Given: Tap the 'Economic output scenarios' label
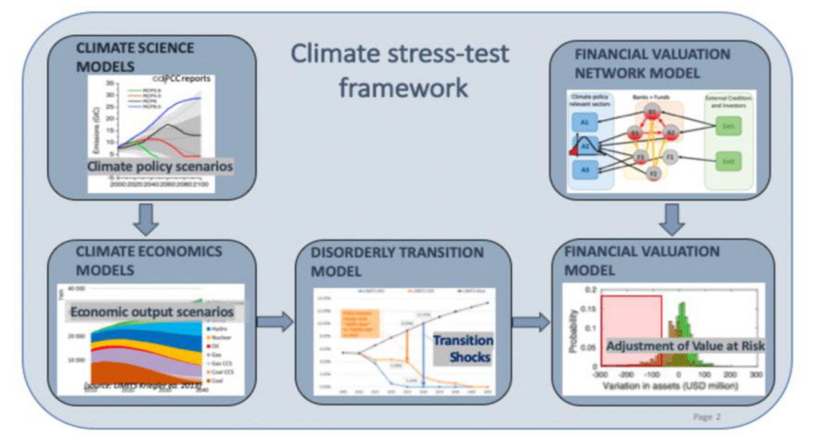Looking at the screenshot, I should pyautogui.click(x=151, y=311).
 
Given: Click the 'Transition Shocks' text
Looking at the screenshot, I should pyautogui.click(x=462, y=348).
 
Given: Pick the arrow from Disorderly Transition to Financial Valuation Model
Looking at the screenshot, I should pyautogui.click(x=532, y=322).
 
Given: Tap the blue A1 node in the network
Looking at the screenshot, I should pyautogui.click(x=585, y=122).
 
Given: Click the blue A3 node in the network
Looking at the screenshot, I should pyautogui.click(x=585, y=170).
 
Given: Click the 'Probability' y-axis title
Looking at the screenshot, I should pyautogui.click(x=573, y=329).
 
